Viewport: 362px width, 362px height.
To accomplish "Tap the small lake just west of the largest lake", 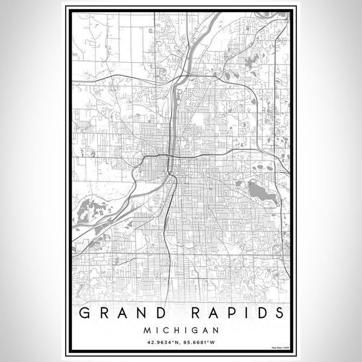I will click(x=240, y=183).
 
